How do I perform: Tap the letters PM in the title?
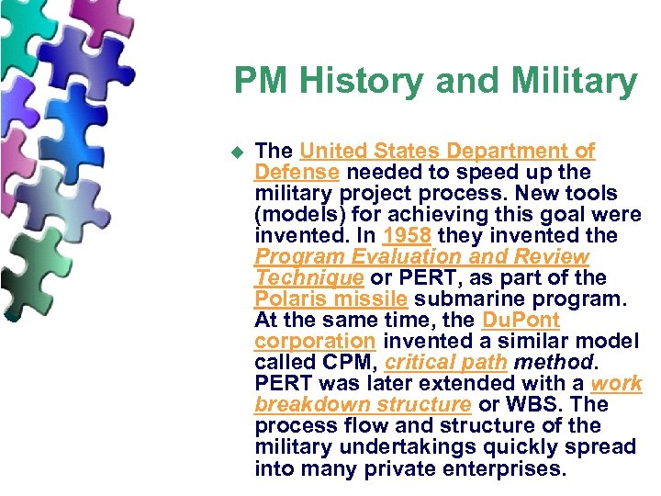259,81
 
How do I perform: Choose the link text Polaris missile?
331,299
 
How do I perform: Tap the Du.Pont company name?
520,321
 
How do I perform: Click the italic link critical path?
446,363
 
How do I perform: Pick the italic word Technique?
308,278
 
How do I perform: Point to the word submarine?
468,299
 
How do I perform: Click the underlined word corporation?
315,342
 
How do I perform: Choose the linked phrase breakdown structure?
363,405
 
